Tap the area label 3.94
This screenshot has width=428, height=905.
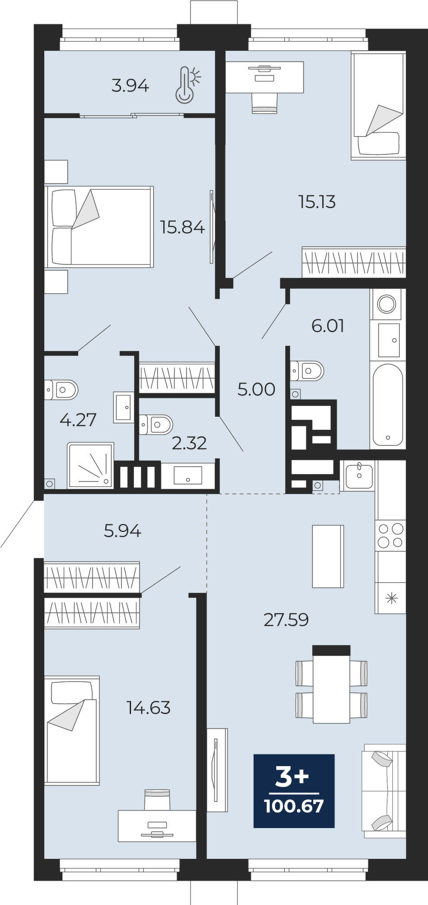coord(130,86)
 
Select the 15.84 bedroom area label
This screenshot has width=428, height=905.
coord(183,227)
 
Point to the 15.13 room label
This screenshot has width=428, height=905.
coord(317,202)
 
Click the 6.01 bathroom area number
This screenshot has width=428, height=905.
coord(328,326)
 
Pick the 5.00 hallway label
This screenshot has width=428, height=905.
coord(256,389)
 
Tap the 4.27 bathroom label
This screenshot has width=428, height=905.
coord(78,420)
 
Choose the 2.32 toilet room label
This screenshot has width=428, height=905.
coord(189,443)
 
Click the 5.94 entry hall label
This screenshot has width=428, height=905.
coord(122,530)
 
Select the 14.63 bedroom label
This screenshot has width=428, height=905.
coord(149,708)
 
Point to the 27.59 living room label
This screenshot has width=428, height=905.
coord(286,620)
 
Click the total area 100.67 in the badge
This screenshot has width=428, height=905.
coord(294,806)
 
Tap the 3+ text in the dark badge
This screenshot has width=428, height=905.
coord(292,777)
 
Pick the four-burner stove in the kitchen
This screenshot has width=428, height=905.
coord(390,535)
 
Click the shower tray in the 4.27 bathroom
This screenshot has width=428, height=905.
coord(90,466)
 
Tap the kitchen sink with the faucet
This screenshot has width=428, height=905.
coord(359,475)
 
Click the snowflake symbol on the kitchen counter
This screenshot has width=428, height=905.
coord(390,598)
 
